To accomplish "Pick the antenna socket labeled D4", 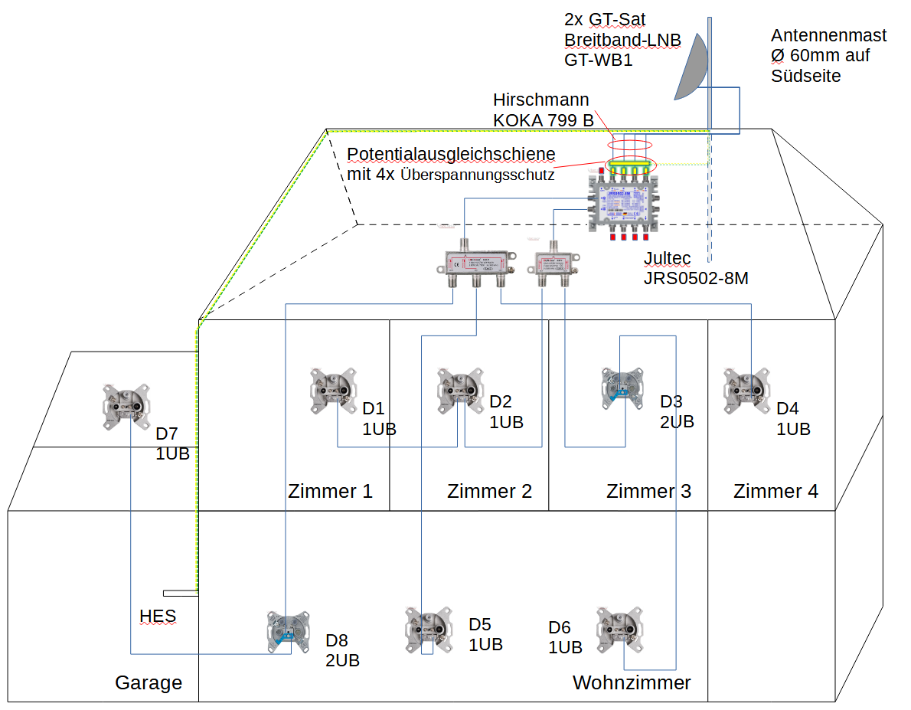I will (x=747, y=390).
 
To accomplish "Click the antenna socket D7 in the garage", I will (x=128, y=405).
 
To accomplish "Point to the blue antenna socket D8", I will (x=289, y=632).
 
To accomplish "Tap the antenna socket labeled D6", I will (x=619, y=629).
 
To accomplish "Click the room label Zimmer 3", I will (x=648, y=491).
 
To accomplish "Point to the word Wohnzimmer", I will (x=632, y=682).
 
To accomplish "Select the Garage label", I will (x=149, y=682).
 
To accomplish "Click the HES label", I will (x=158, y=616).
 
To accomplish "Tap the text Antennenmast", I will (x=828, y=36).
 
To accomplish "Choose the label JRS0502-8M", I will (x=696, y=279).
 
